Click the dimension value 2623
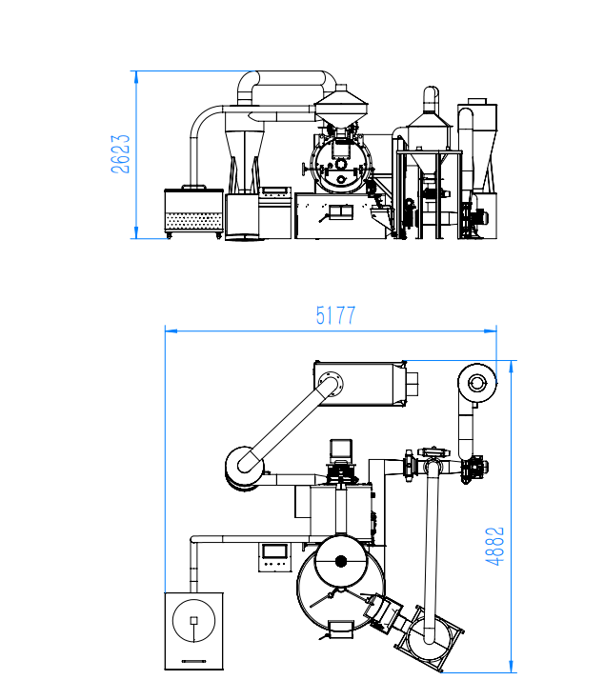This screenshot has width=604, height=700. click(x=121, y=154)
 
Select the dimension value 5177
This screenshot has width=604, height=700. click(x=335, y=315)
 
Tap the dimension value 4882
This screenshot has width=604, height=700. click(x=494, y=547)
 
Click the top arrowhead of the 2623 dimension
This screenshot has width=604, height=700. click(x=136, y=77)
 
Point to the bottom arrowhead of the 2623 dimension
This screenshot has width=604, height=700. click(x=136, y=232)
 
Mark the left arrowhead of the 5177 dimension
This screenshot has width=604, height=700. click(x=171, y=330)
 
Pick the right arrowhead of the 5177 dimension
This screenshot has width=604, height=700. click(x=491, y=330)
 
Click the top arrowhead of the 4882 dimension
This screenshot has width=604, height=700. click(x=512, y=367)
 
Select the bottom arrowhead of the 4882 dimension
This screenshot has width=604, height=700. click(x=512, y=666)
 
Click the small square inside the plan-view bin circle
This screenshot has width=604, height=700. click(x=193, y=620)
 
